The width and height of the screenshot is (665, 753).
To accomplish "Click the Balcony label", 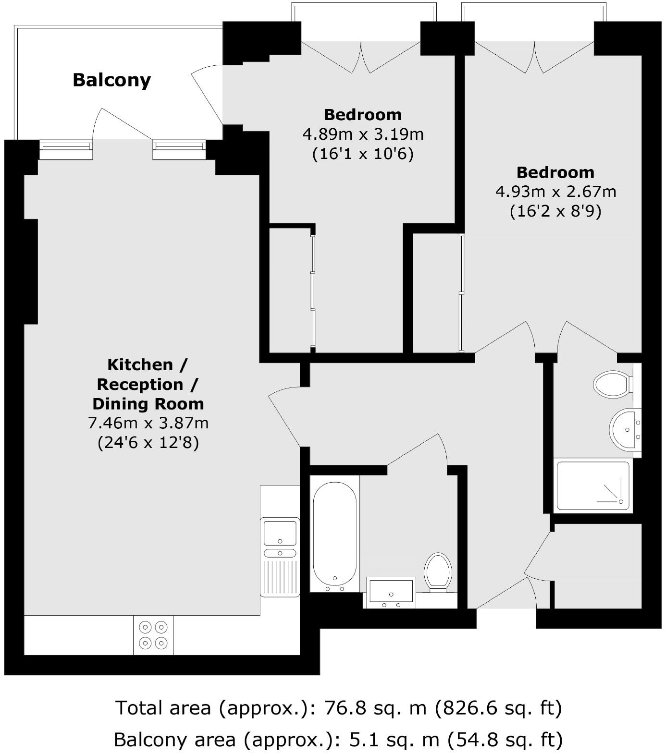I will pyautogui.click(x=111, y=80).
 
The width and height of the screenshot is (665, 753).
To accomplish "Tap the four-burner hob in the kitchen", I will pyautogui.click(x=153, y=635).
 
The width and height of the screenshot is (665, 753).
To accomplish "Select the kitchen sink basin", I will pyautogui.click(x=280, y=532).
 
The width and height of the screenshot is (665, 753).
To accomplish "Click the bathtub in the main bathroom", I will pyautogui.click(x=334, y=533).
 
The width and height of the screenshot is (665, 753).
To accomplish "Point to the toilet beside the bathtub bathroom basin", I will pyautogui.click(x=438, y=572).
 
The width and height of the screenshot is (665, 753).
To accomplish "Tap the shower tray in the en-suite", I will pyautogui.click(x=593, y=486).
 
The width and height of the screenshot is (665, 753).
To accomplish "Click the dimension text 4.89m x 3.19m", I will pyautogui.click(x=363, y=134).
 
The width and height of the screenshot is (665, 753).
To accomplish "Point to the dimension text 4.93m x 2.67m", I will pyautogui.click(x=555, y=192).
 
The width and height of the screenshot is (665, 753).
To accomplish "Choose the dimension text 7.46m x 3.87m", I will pyautogui.click(x=148, y=423).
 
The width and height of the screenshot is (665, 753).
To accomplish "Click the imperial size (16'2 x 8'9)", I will pyautogui.click(x=555, y=211).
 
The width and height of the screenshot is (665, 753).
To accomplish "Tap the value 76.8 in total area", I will pyautogui.click(x=342, y=708).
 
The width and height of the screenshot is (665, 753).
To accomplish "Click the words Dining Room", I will pyautogui.click(x=148, y=404).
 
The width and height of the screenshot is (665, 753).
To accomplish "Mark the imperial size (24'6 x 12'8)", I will pyautogui.click(x=148, y=442).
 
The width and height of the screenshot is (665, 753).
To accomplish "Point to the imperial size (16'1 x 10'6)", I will pyautogui.click(x=363, y=154).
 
